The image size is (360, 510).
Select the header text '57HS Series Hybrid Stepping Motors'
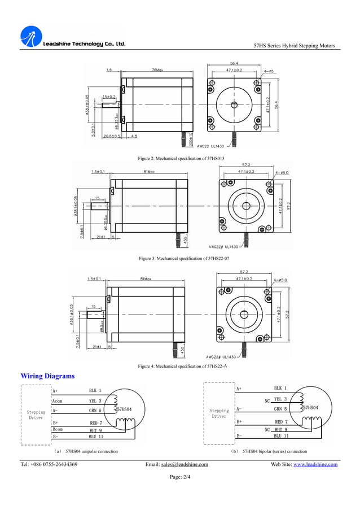click(x=295, y=46)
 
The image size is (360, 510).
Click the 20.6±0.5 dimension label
click(x=112, y=136)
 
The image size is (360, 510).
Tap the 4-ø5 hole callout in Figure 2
click(x=269, y=71)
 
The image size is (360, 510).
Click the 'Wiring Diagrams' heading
click(x=47, y=376)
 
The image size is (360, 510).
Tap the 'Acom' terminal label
click(x=58, y=401)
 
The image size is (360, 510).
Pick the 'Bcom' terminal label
click(x=58, y=429)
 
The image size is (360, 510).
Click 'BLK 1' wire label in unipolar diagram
click(x=95, y=390)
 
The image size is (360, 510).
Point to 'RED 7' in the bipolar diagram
click(x=281, y=421)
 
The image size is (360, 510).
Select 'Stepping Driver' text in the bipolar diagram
click(x=219, y=413)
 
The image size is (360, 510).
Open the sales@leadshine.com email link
click(x=185, y=465)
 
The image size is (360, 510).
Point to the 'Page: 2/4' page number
click(x=179, y=477)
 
